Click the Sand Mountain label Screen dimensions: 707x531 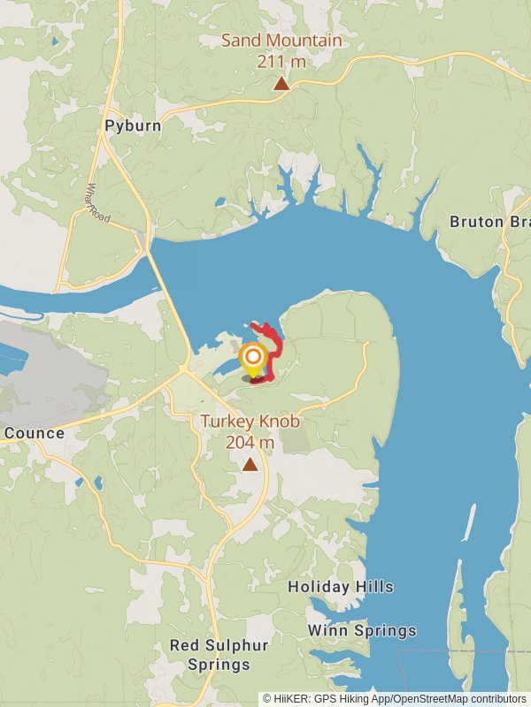pos(281,42)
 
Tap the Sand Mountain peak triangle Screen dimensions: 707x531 pos(281,84)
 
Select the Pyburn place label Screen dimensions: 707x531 pos(133,125)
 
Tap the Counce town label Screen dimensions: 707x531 pos(34,433)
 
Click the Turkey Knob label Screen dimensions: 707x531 pos(250,422)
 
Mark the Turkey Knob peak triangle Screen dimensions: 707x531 pos(251,464)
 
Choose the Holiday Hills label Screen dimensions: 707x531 pos(341,587)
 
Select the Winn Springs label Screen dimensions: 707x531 pos(362,631)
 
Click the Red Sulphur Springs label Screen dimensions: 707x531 pos(211,655)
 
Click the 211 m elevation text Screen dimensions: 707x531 pos(281,61)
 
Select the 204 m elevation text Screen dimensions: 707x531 pos(250,442)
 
